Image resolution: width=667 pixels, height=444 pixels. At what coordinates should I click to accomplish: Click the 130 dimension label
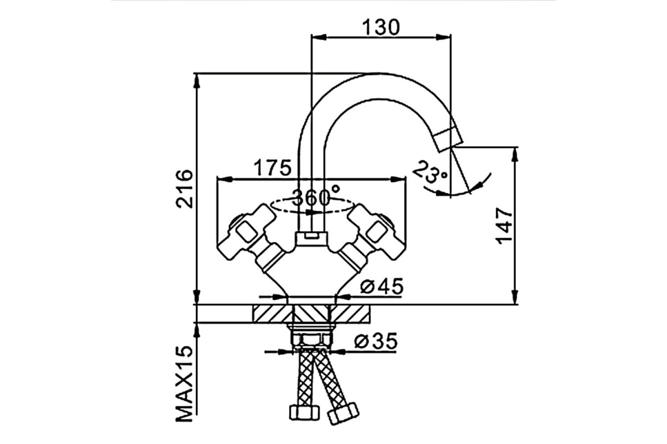pyautogui.click(x=381, y=27)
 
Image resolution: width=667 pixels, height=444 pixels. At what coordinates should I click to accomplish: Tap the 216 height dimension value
pyautogui.click(x=185, y=189)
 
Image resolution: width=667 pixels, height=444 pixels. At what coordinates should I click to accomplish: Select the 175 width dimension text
pyautogui.click(x=272, y=168)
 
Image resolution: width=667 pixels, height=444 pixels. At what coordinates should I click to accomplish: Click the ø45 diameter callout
pyautogui.click(x=382, y=286)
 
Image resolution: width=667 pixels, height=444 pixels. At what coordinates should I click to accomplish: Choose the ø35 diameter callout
pyautogui.click(x=376, y=341)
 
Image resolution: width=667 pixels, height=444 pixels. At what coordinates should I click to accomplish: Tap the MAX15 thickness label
pyautogui.click(x=185, y=384)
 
